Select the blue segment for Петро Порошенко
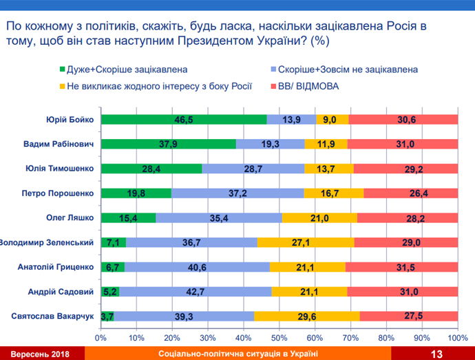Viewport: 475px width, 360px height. [x=237, y=193]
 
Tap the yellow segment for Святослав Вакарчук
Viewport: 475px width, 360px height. [x=306, y=317]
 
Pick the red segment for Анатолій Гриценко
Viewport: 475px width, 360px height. [x=401, y=267]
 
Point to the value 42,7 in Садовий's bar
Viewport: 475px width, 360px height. [x=196, y=292]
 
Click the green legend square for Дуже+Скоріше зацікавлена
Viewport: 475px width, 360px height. [x=61, y=70]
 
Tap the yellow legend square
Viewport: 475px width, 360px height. [x=61, y=87]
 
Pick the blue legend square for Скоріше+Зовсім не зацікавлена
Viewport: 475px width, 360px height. [x=273, y=70]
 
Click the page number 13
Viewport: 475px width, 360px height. [x=436, y=353]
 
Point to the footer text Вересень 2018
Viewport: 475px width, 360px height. [x=40, y=353]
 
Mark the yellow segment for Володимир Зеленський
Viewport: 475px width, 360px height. [x=306, y=243]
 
